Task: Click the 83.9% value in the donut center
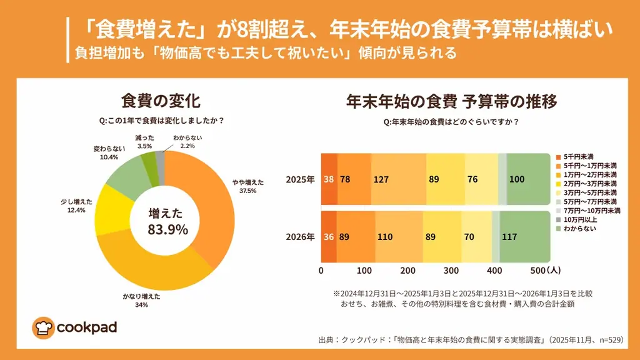tap(167, 230)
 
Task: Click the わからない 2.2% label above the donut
tap(187, 141)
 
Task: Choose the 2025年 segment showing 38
tap(329, 179)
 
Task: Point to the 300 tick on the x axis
tap(451, 271)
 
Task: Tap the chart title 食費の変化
tap(161, 101)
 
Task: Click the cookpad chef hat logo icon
tap(42, 327)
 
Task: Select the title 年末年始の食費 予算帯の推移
tap(451, 101)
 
